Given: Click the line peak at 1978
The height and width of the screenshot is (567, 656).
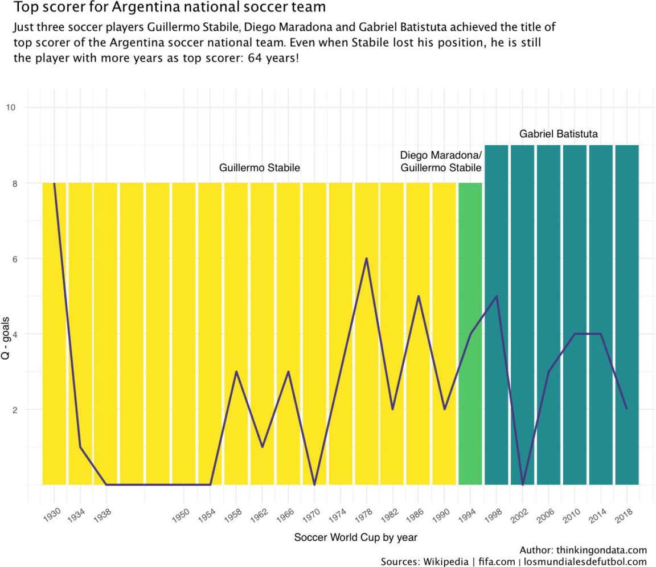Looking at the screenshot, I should [366, 258].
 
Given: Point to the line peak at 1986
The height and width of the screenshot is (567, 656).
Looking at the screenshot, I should [419, 296].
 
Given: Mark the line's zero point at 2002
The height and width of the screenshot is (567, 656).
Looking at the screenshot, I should [523, 484].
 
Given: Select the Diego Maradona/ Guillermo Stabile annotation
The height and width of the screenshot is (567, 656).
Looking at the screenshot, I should [441, 162].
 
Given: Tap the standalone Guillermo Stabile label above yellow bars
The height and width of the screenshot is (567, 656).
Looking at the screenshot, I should [259, 168].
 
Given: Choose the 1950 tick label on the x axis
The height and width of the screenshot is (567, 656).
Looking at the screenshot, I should [180, 514].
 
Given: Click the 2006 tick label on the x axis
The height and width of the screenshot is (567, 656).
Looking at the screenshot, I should [546, 514].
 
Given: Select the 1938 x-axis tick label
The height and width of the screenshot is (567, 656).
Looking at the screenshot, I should [102, 514].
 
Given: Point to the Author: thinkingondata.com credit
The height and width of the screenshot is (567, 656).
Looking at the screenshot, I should [583, 550].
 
